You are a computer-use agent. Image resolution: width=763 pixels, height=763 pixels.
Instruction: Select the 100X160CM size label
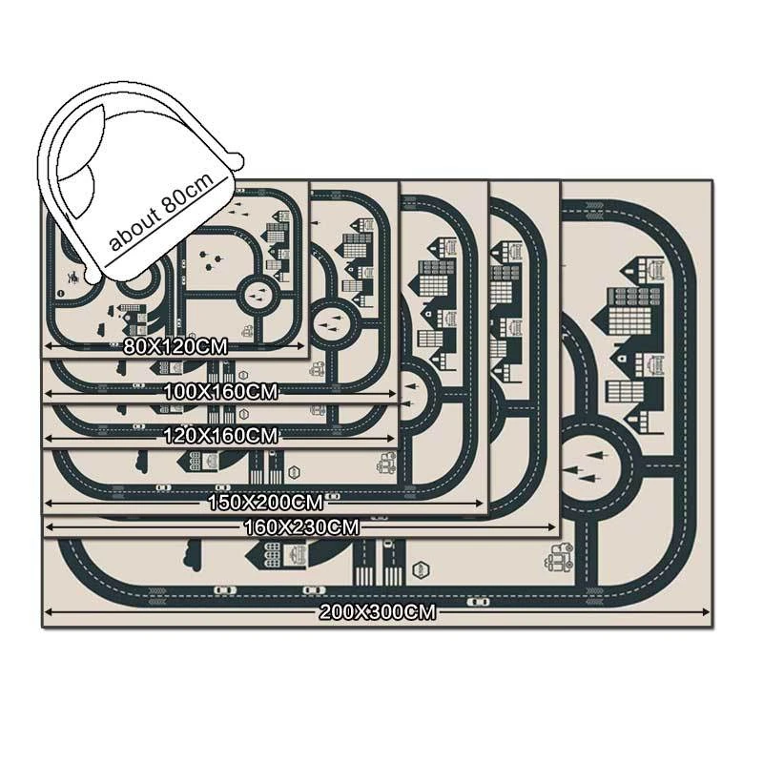(x=222, y=391)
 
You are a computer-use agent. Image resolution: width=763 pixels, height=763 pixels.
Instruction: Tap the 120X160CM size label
(x=222, y=436)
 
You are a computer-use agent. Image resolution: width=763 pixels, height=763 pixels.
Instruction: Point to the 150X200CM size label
(x=265, y=501)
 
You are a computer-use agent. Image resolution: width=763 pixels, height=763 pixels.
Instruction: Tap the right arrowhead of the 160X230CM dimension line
(x=555, y=526)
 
